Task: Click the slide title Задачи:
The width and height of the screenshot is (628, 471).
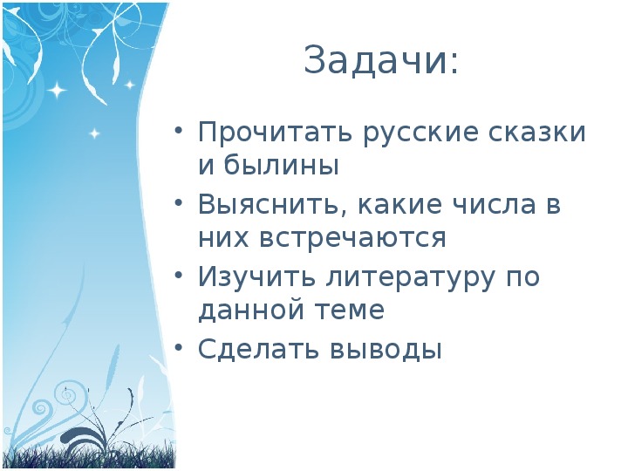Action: pyautogui.click(x=380, y=60)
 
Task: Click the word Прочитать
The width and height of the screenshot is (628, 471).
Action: pyautogui.click(x=275, y=133)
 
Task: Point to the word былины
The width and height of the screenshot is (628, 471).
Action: pyautogui.click(x=281, y=165)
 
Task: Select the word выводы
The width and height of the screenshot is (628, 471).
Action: pyautogui.click(x=386, y=349)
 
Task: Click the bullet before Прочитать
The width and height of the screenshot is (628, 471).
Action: pyautogui.click(x=179, y=132)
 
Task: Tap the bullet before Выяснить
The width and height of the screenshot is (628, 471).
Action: pyautogui.click(x=179, y=203)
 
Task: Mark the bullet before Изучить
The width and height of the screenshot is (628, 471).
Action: pyautogui.click(x=179, y=276)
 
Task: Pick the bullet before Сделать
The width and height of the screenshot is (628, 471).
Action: pyautogui.click(x=179, y=348)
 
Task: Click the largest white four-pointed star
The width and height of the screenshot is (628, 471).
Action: pyautogui.click(x=58, y=90)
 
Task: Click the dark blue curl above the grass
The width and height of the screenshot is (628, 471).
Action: pyautogui.click(x=85, y=436)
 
